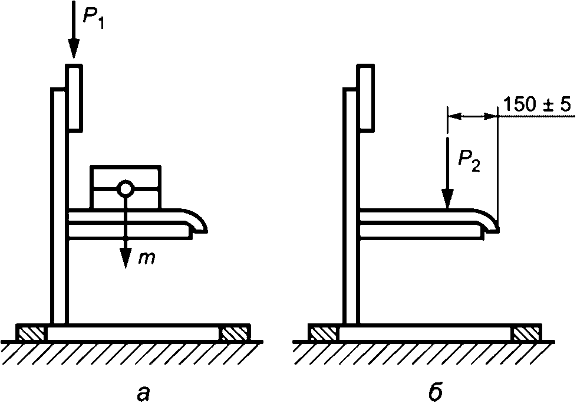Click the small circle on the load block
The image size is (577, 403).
pos(125,188)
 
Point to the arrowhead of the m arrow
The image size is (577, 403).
pos(125,260)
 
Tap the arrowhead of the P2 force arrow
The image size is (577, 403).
pos(448,201)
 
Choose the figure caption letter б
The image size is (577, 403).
pos(436,391)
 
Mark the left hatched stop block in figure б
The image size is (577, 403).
pos(324,334)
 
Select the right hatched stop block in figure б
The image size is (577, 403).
pos(526,334)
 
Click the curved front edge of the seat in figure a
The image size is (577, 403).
pos(199,222)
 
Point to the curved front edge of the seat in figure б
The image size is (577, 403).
pos(490,222)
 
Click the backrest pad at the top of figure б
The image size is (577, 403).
pos(365,97)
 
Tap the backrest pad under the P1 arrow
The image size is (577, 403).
pos(74,97)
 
